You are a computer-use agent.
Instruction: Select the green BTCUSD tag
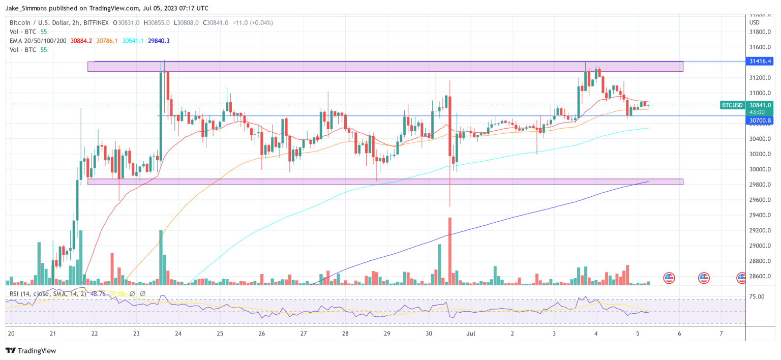733,105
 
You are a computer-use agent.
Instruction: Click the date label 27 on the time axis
303,334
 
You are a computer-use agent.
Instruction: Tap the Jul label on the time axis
471,334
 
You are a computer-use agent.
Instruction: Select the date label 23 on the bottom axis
136,334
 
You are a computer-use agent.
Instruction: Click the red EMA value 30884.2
81,41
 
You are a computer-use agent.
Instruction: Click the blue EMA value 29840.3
159,41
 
